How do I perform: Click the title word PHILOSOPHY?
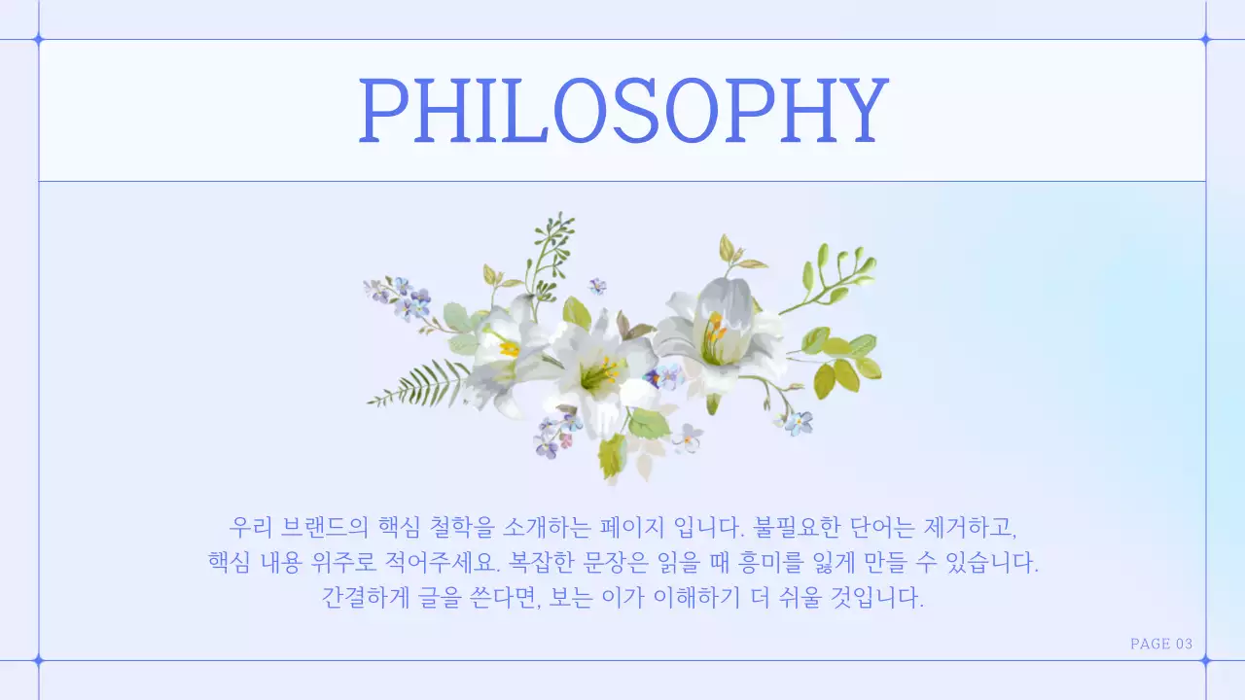[x=622, y=109]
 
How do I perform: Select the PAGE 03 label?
[x=1160, y=644]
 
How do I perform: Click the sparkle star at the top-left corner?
[x=39, y=40]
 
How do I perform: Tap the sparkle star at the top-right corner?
[x=1205, y=40]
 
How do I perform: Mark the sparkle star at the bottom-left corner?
[x=39, y=660]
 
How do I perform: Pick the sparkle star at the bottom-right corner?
[x=1205, y=660]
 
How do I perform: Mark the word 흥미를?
[x=792, y=563]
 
